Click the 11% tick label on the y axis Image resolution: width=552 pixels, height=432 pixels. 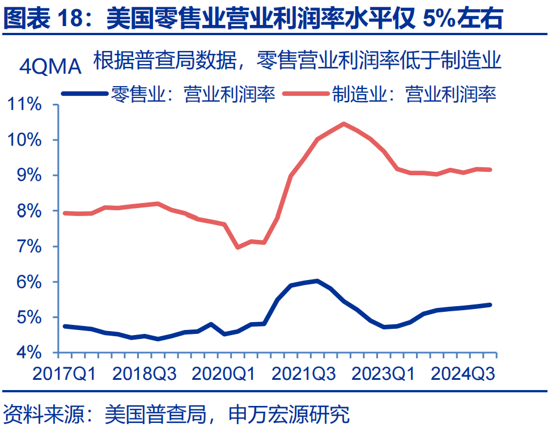point(24,105)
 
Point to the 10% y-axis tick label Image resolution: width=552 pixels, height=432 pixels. point(24,140)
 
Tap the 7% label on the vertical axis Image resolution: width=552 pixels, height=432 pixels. point(29,247)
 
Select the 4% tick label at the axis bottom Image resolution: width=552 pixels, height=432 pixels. point(29,353)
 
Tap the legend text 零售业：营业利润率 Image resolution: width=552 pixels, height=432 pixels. point(193,94)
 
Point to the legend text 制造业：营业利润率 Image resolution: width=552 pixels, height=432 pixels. point(414,94)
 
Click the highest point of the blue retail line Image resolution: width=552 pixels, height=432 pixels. point(316,281)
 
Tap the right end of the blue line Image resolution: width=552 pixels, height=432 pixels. point(490,305)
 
